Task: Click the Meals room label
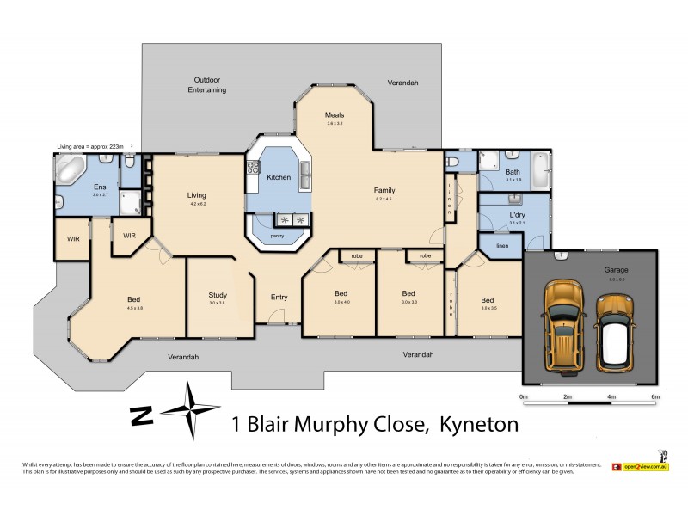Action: coord(335,114)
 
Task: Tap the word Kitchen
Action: coord(279,177)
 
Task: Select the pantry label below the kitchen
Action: coord(277,235)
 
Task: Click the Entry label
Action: coord(279,297)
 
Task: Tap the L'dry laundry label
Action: coord(517,214)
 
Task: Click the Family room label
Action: coord(384,190)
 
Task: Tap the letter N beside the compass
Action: coord(138,415)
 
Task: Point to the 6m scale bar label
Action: coord(654,396)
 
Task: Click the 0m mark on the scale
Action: coord(524,396)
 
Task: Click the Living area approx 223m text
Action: coord(89,147)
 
